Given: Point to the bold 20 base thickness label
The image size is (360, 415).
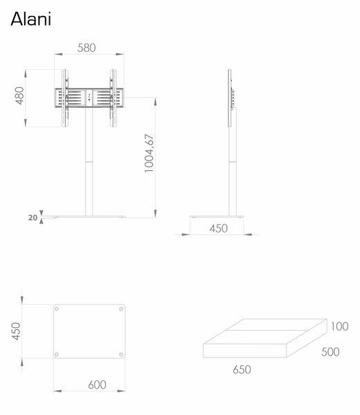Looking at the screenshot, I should pyautogui.click(x=32, y=216).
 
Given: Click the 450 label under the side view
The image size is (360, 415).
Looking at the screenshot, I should pyautogui.click(x=219, y=228).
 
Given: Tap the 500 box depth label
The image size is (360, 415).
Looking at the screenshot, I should pyautogui.click(x=331, y=351).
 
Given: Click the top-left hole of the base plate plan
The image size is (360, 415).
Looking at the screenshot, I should pyautogui.click(x=59, y=308).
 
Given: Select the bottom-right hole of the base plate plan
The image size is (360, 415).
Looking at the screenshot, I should pyautogui.click(x=121, y=356).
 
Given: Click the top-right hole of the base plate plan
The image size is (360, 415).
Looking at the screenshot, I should pyautogui.click(x=121, y=308).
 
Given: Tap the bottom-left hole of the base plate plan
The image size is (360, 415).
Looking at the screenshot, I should pyautogui.click(x=59, y=356).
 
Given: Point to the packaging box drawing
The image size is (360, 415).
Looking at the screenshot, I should pyautogui.click(x=264, y=342).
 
